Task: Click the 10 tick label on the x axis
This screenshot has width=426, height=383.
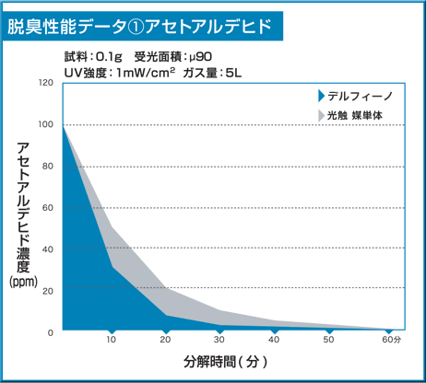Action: pyautogui.click(x=111, y=342)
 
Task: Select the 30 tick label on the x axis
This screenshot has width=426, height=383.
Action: pyautogui.click(x=219, y=342)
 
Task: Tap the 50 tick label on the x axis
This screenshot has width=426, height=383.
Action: pyautogui.click(x=328, y=342)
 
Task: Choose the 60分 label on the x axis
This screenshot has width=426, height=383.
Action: pyautogui.click(x=392, y=342)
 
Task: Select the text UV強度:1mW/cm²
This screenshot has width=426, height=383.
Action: pyautogui.click(x=120, y=72)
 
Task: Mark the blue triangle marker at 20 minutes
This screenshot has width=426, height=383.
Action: pyautogui.click(x=165, y=330)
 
